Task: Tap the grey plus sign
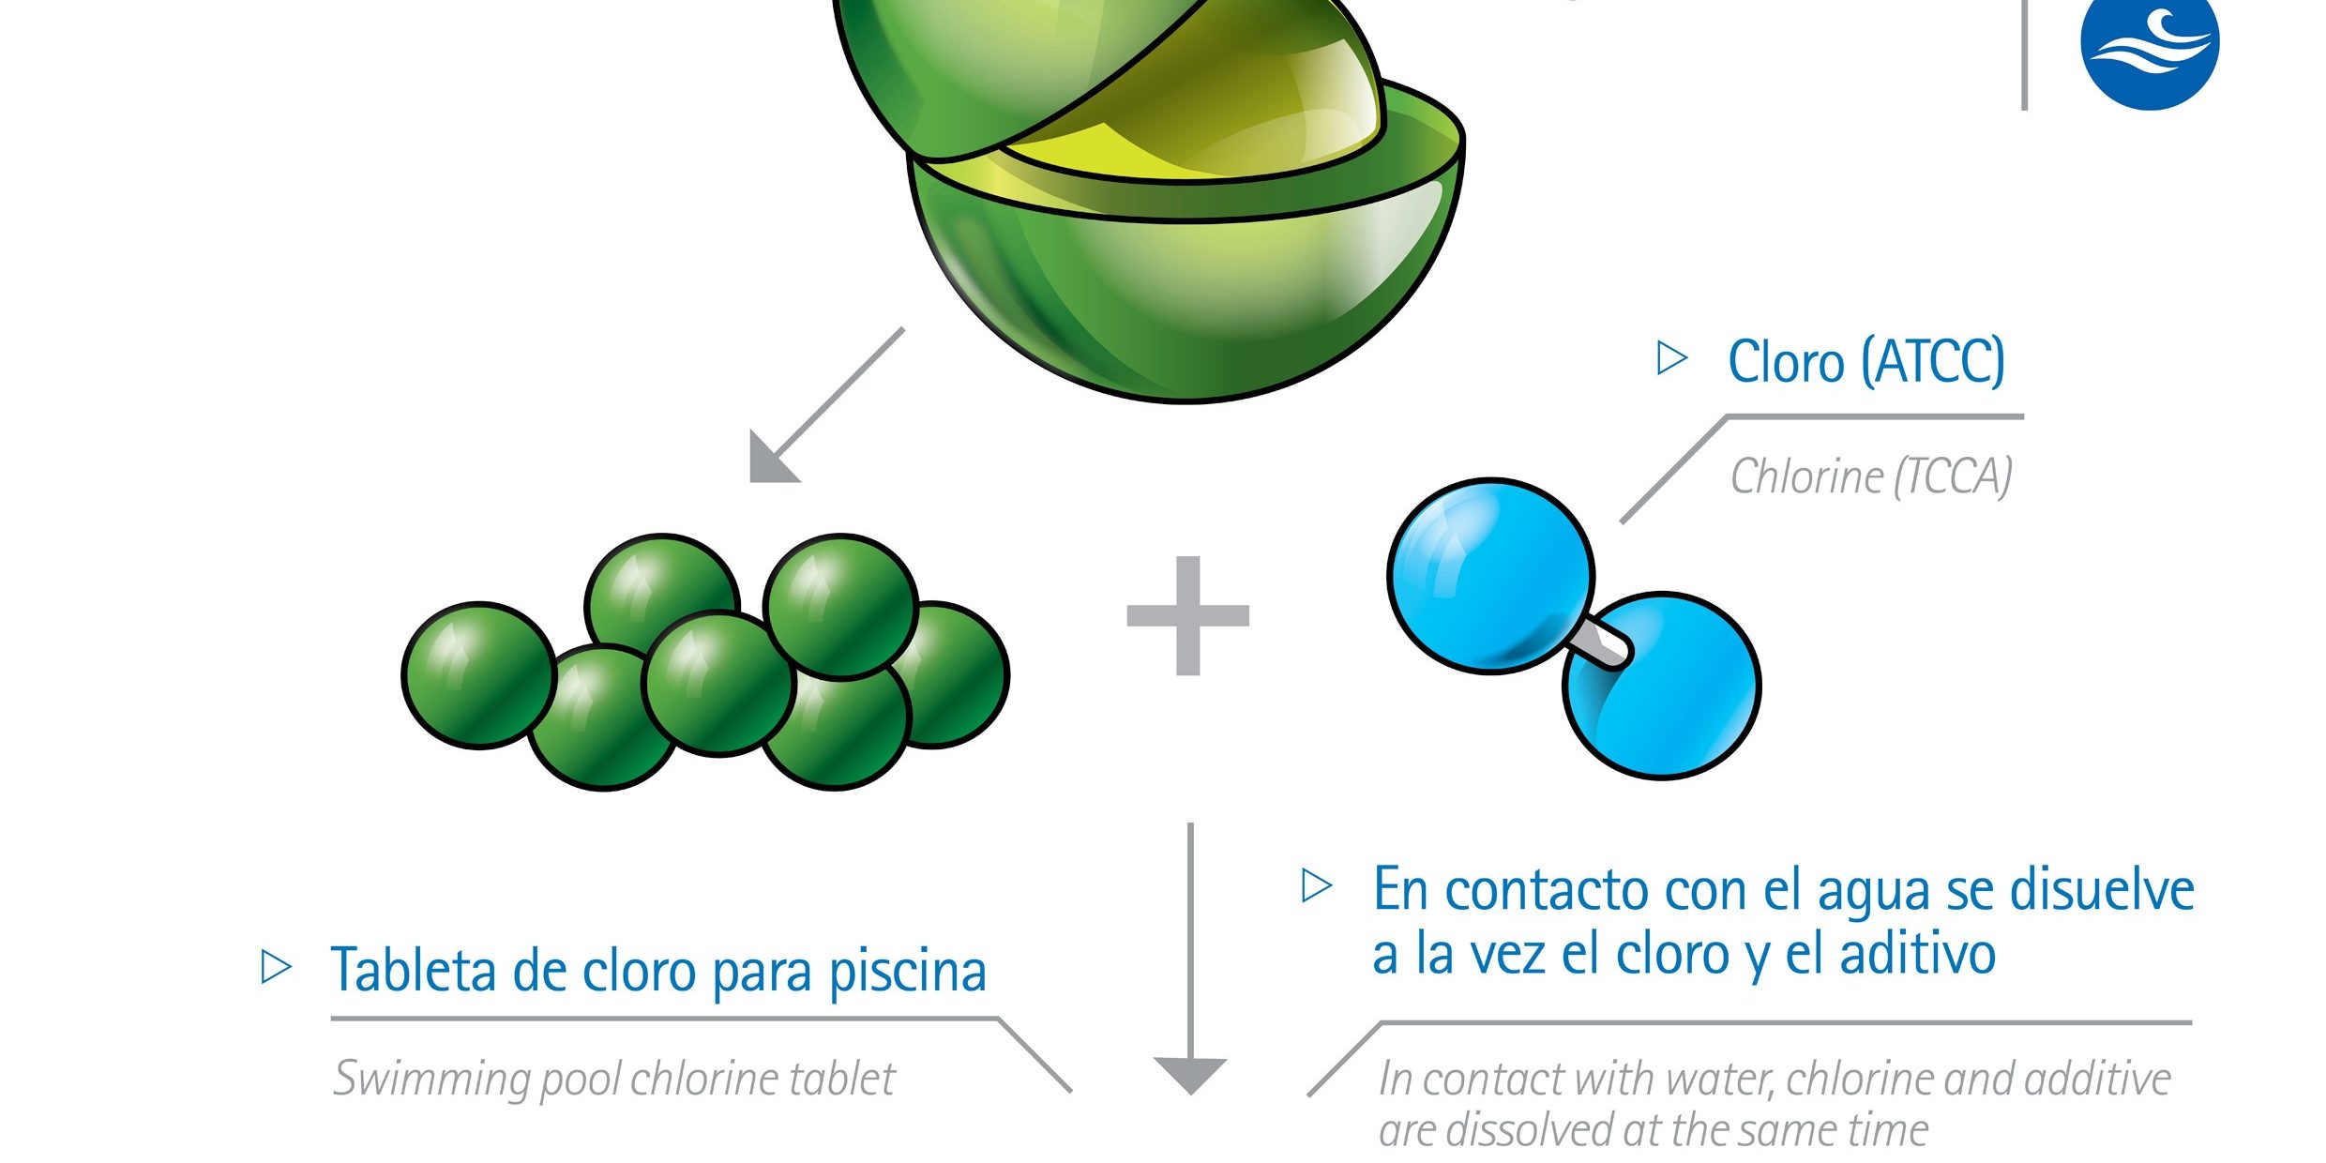pyautogui.click(x=1187, y=615)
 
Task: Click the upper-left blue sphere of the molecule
pyautogui.click(x=1489, y=575)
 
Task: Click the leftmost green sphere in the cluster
pyautogui.click(x=478, y=675)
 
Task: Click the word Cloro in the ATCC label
pyautogui.click(x=1786, y=362)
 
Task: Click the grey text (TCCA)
pyautogui.click(x=1953, y=476)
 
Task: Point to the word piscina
pyautogui.click(x=907, y=972)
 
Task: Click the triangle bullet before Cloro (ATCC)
pyautogui.click(x=1671, y=358)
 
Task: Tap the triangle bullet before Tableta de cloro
pyautogui.click(x=275, y=967)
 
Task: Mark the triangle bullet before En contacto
pyautogui.click(x=1316, y=886)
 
